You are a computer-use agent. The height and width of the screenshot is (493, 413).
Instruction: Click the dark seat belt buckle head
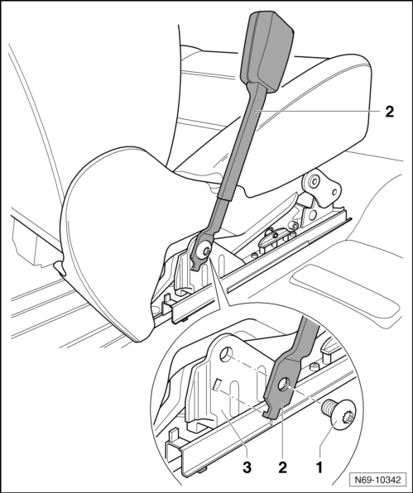click(267, 52)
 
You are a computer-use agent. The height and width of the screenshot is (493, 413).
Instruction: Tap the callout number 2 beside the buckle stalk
click(389, 112)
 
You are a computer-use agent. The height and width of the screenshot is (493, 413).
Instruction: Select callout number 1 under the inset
click(319, 467)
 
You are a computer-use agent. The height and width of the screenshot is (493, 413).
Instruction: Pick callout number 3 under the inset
click(247, 467)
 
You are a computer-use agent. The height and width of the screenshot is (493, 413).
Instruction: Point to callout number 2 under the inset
click(282, 467)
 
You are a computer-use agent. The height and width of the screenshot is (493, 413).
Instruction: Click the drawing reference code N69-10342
click(377, 480)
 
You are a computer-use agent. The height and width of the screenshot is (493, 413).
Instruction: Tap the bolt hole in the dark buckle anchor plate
click(285, 385)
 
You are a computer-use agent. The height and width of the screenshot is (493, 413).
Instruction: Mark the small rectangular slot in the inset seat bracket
click(216, 385)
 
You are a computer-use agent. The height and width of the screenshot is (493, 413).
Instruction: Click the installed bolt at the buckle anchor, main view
click(206, 251)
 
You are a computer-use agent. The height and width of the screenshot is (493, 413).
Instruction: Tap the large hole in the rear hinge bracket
click(314, 180)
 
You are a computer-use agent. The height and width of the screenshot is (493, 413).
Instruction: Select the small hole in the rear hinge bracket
click(334, 192)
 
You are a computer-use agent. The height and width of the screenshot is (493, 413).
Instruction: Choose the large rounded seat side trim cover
click(117, 239)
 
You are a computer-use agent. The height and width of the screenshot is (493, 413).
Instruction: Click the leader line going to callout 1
click(327, 443)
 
